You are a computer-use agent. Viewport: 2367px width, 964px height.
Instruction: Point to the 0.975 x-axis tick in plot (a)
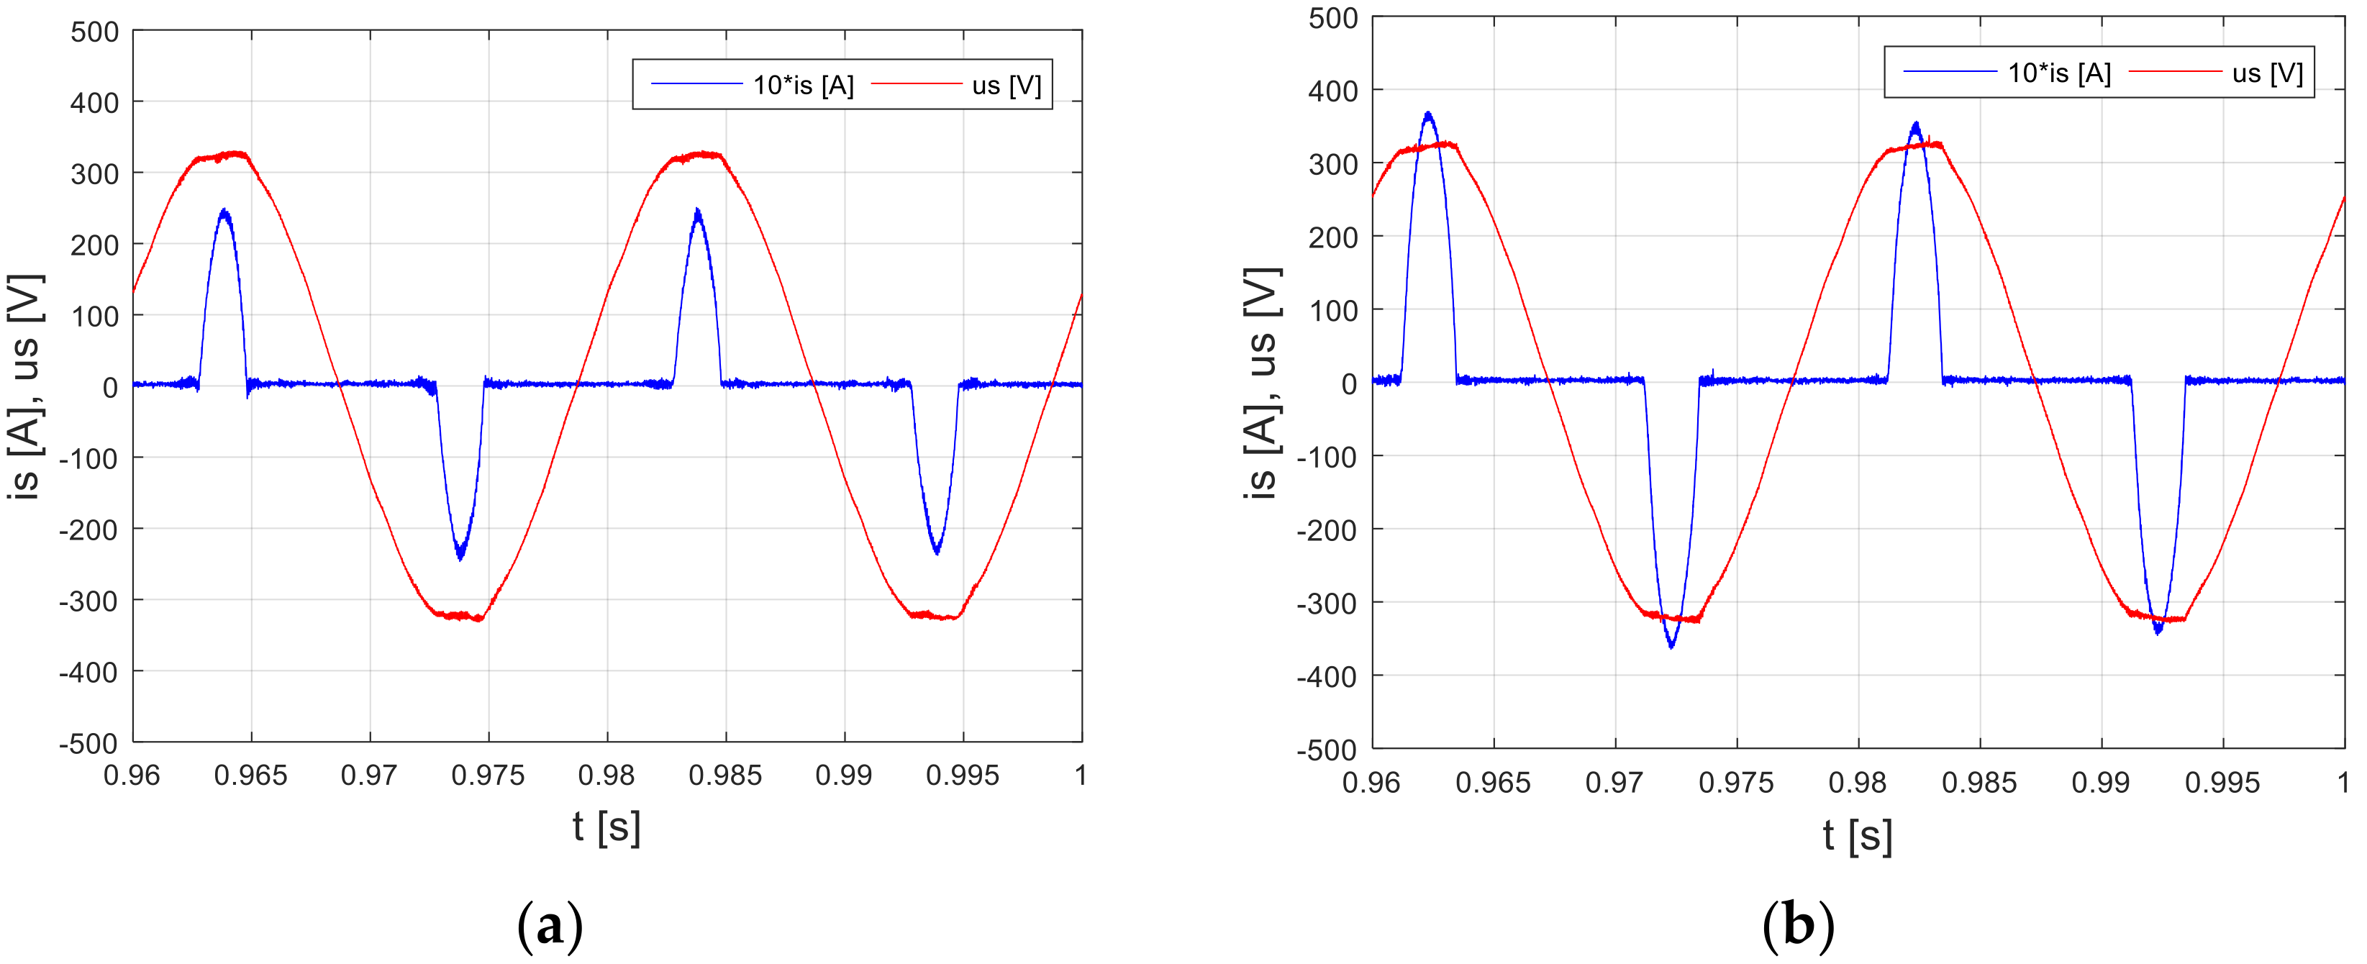488,776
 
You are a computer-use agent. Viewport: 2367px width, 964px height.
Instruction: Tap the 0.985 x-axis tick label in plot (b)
1979,783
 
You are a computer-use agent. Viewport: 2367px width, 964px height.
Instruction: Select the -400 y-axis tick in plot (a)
89,673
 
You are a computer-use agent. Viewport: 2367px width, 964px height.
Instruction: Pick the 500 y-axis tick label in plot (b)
1332,19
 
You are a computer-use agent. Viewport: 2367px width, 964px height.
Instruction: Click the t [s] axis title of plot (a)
606,827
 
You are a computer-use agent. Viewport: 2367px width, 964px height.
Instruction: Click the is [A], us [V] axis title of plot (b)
1263,383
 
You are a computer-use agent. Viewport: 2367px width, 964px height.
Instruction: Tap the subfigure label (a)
550,925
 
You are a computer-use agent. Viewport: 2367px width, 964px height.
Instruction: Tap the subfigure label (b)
1798,925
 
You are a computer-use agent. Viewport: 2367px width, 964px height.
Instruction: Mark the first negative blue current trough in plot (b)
1671,646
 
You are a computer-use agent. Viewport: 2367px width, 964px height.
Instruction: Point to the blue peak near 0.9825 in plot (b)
1916,124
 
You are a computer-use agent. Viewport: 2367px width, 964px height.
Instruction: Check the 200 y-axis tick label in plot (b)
1332,238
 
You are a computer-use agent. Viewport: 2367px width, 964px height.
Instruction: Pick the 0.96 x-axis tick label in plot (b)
1371,783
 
